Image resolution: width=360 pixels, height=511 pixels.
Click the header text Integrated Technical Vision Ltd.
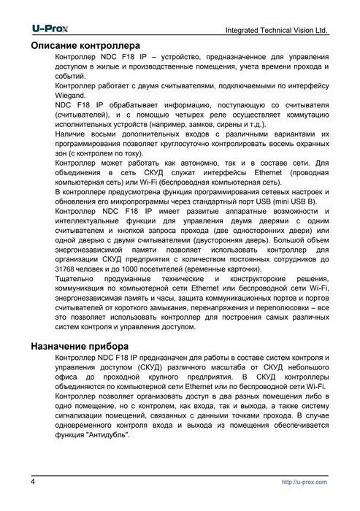point(276,31)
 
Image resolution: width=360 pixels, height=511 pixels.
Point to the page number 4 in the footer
point(34,483)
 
